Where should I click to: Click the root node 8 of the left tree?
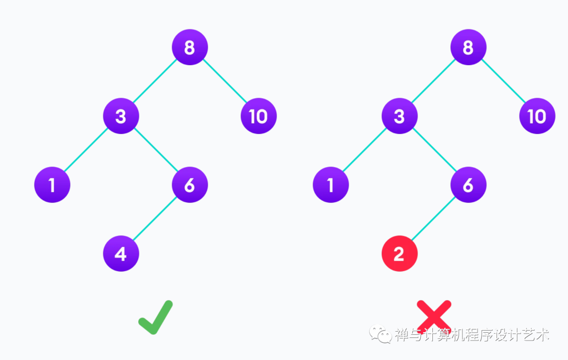(190, 47)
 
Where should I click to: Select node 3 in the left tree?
(121, 116)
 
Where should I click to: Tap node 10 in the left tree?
(259, 116)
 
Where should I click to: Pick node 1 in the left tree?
(52, 185)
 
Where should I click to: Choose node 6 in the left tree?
(190, 185)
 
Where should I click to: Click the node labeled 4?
(121, 254)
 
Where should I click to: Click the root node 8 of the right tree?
(469, 47)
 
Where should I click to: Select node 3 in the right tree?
(400, 116)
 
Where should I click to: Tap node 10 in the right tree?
(537, 116)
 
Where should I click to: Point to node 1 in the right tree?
(331, 185)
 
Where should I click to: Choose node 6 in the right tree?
(469, 185)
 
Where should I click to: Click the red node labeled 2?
(400, 254)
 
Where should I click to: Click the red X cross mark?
(434, 317)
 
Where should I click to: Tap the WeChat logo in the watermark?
(380, 334)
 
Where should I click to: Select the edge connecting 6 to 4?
(155, 220)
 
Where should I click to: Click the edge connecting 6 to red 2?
(434, 220)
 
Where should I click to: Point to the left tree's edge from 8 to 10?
(225, 81)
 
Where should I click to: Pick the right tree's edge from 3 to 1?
(365, 151)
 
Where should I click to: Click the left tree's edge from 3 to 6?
(156, 151)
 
